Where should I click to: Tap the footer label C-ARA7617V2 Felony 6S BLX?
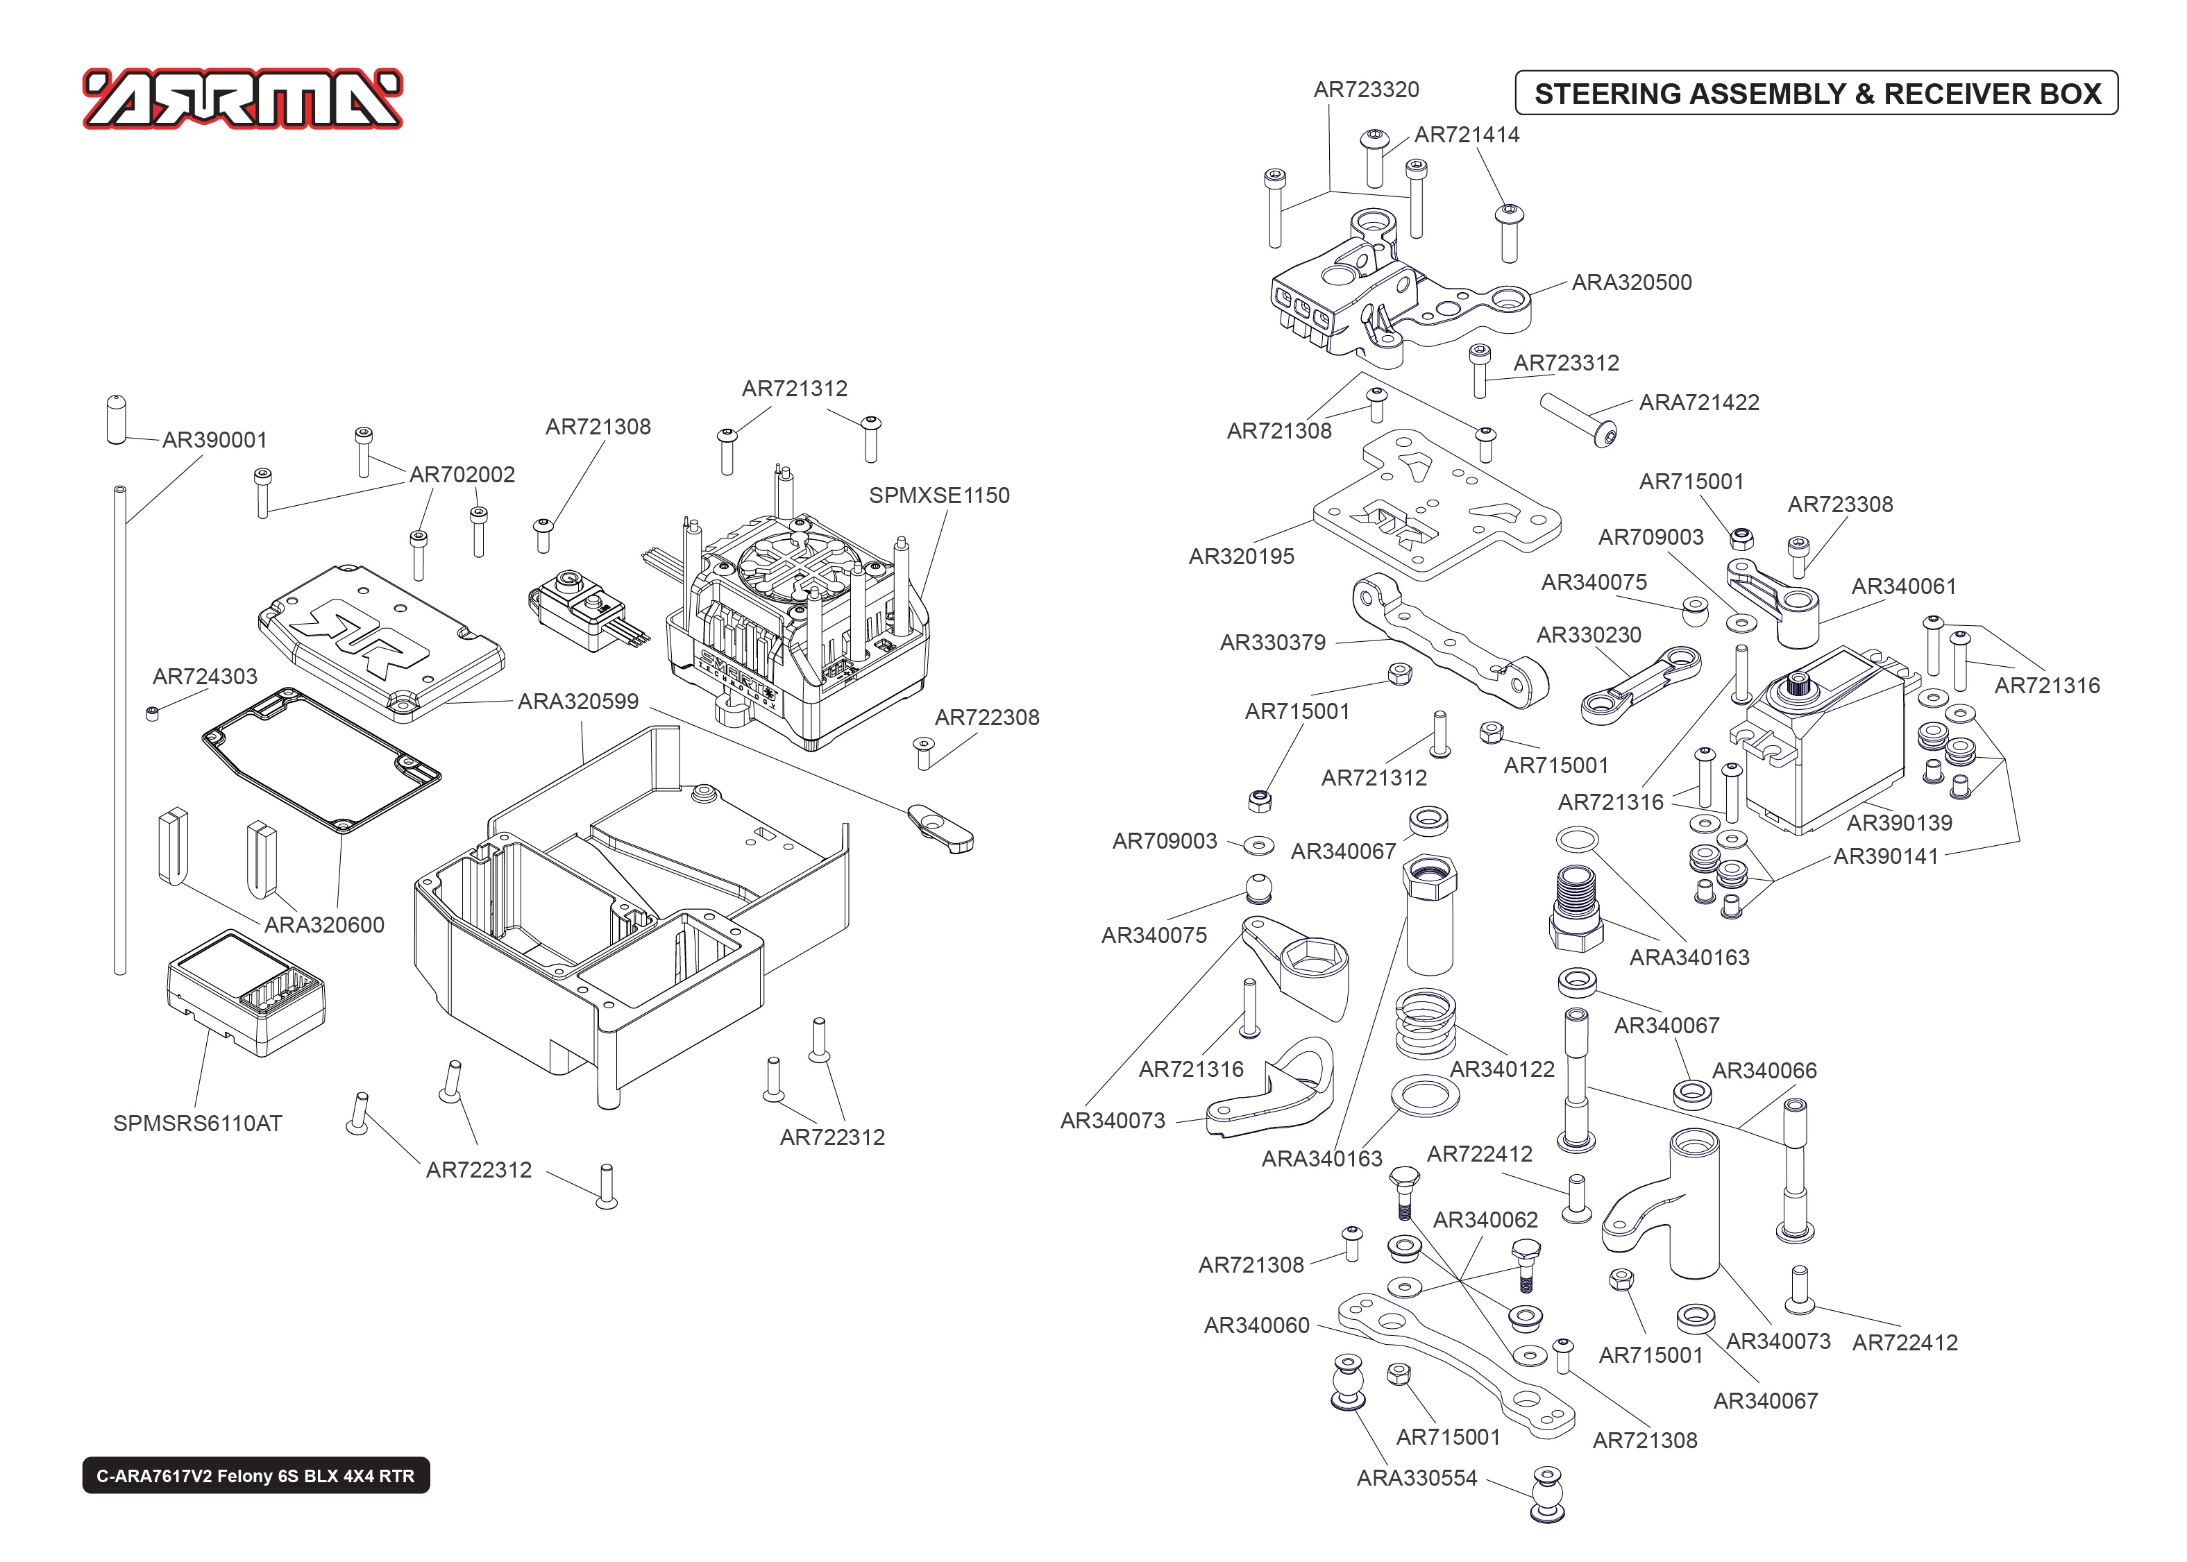(256, 1475)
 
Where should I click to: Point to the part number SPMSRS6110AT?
(197, 1123)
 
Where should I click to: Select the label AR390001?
(214, 439)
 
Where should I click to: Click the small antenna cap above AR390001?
(117, 419)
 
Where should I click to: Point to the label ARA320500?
(1631, 282)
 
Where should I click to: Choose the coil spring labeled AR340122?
(1424, 1024)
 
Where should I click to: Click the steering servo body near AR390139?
(1823, 750)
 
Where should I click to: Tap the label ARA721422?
(1698, 402)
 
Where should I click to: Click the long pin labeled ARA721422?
(1577, 418)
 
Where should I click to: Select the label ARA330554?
(1416, 1477)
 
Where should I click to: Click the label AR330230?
(1588, 635)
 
